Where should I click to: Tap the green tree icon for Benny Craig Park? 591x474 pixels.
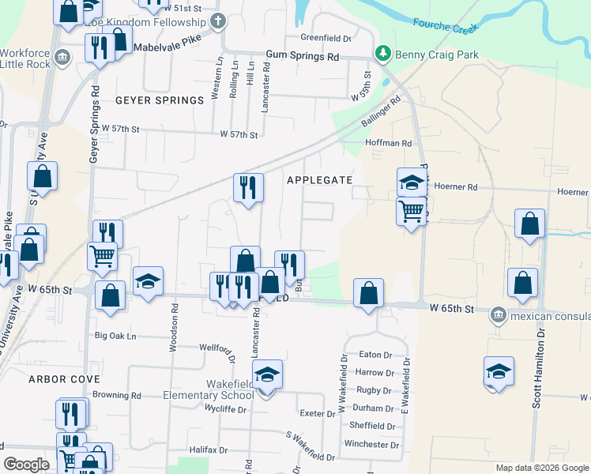[383, 54]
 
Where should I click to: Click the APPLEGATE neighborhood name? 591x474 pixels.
[319, 180]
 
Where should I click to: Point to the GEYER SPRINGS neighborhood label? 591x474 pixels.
[160, 100]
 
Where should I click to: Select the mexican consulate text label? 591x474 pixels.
[549, 314]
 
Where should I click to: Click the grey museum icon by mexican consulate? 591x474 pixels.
[498, 314]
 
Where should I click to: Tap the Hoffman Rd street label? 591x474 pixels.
[388, 143]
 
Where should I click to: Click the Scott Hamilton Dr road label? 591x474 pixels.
[538, 371]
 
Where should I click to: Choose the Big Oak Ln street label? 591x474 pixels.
[115, 336]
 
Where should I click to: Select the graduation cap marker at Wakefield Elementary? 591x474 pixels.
[268, 374]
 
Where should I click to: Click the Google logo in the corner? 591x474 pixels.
[27, 465]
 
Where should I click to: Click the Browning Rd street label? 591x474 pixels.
[116, 395]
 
